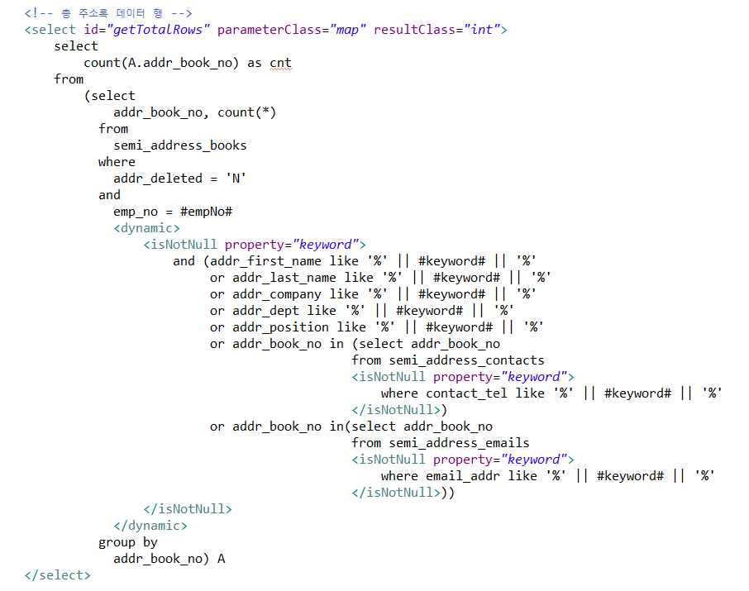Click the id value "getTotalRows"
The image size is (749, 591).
(x=159, y=30)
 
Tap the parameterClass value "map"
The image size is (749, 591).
(x=348, y=30)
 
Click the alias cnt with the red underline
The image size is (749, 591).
(x=280, y=63)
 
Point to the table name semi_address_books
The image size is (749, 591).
(x=180, y=145)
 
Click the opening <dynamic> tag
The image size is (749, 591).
(x=147, y=228)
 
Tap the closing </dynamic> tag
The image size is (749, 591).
(x=150, y=526)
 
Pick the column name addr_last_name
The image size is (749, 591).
(x=284, y=278)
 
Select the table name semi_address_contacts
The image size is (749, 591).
(x=466, y=360)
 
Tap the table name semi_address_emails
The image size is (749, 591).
(x=459, y=443)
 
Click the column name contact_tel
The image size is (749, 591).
(x=466, y=393)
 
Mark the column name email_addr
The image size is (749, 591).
(x=463, y=476)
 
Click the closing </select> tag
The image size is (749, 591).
(x=58, y=575)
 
